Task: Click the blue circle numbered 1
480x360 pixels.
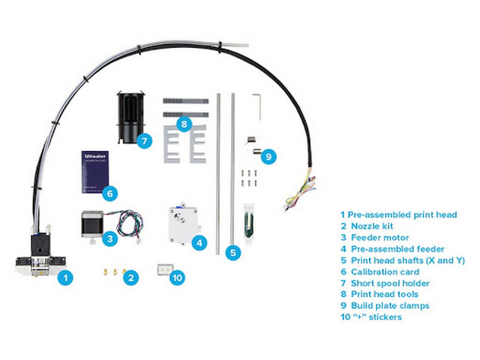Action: tap(66, 277)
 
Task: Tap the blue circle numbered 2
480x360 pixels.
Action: tap(131, 277)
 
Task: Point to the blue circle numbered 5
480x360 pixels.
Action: tap(233, 253)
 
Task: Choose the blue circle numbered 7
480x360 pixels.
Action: tap(146, 139)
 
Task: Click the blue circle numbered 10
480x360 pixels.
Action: tap(177, 277)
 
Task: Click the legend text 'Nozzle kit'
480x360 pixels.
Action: tap(373, 225)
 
